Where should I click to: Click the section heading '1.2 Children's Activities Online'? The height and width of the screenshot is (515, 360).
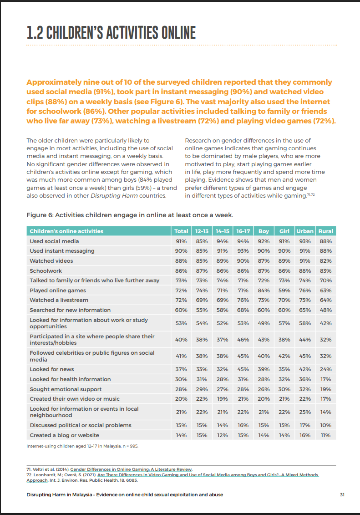[111, 33]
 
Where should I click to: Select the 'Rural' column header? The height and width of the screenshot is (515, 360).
[326, 231]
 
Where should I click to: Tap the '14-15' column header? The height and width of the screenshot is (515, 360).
[223, 231]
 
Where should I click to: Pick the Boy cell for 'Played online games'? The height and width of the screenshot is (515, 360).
[264, 290]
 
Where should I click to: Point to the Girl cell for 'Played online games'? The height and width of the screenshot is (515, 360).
[284, 290]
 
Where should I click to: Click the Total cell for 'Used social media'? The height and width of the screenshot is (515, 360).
[182, 241]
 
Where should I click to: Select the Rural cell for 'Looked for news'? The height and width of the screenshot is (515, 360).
[326, 369]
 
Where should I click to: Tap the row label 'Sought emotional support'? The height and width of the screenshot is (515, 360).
[66, 389]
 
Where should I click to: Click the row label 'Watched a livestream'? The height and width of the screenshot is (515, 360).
[59, 300]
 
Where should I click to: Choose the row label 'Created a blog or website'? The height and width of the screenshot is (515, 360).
[64, 435]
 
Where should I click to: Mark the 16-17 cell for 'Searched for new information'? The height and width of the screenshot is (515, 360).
[243, 310]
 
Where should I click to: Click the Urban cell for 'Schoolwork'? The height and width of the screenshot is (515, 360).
[305, 270]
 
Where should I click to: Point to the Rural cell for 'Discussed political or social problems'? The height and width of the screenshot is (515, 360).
[326, 425]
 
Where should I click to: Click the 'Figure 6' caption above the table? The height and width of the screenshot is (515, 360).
[130, 215]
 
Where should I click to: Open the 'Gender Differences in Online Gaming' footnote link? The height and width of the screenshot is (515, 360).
[131, 469]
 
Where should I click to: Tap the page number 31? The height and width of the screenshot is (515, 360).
[343, 495]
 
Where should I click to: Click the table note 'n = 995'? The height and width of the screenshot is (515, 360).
[129, 446]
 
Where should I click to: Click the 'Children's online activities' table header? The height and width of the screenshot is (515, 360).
[66, 231]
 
